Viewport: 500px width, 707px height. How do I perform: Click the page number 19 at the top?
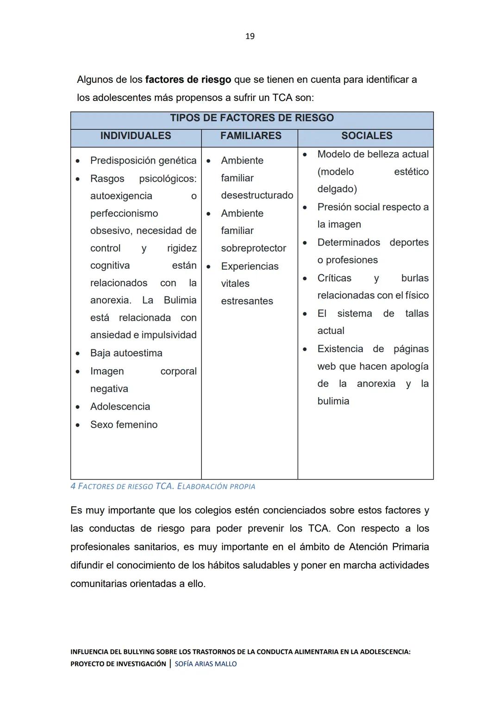point(250,36)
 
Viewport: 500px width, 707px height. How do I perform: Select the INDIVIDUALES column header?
point(136,136)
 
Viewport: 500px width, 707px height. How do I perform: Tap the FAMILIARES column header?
point(250,136)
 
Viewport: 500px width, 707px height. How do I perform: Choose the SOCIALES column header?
point(367,136)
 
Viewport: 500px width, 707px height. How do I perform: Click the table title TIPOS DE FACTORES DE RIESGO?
point(252,118)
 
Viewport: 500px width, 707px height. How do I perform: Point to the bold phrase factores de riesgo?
point(188,80)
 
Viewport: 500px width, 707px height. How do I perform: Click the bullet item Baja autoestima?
point(126,353)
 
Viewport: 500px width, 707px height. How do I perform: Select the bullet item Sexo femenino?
point(124,425)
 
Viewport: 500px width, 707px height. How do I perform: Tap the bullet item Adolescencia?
point(120,407)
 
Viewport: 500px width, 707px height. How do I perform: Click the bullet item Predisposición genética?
point(143,161)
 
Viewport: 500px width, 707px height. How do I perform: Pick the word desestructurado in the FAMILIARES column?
point(257,196)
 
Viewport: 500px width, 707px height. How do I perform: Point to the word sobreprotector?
point(253,248)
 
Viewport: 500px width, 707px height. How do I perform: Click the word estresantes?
point(247,301)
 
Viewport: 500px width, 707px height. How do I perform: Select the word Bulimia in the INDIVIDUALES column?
point(180,300)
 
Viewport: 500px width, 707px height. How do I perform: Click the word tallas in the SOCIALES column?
point(417,314)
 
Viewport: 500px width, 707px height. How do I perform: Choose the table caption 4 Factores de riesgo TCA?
point(162,486)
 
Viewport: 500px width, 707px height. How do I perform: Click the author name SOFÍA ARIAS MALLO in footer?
point(206,664)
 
